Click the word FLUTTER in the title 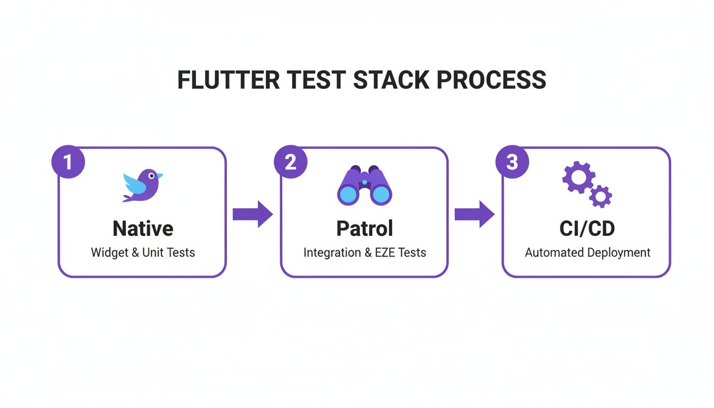click(228, 80)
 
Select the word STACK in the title click(390, 80)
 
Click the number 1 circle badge click(68, 161)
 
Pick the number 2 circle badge click(290, 161)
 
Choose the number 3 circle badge click(512, 161)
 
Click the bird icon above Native click(142, 185)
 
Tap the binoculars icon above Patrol click(364, 186)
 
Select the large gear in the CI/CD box click(577, 177)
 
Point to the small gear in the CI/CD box click(601, 197)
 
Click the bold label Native click(143, 228)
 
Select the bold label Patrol click(364, 228)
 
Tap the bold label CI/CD click(587, 228)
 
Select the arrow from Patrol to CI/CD click(474, 214)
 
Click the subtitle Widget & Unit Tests click(143, 252)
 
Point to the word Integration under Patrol click(332, 252)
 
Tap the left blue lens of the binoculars click(348, 195)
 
